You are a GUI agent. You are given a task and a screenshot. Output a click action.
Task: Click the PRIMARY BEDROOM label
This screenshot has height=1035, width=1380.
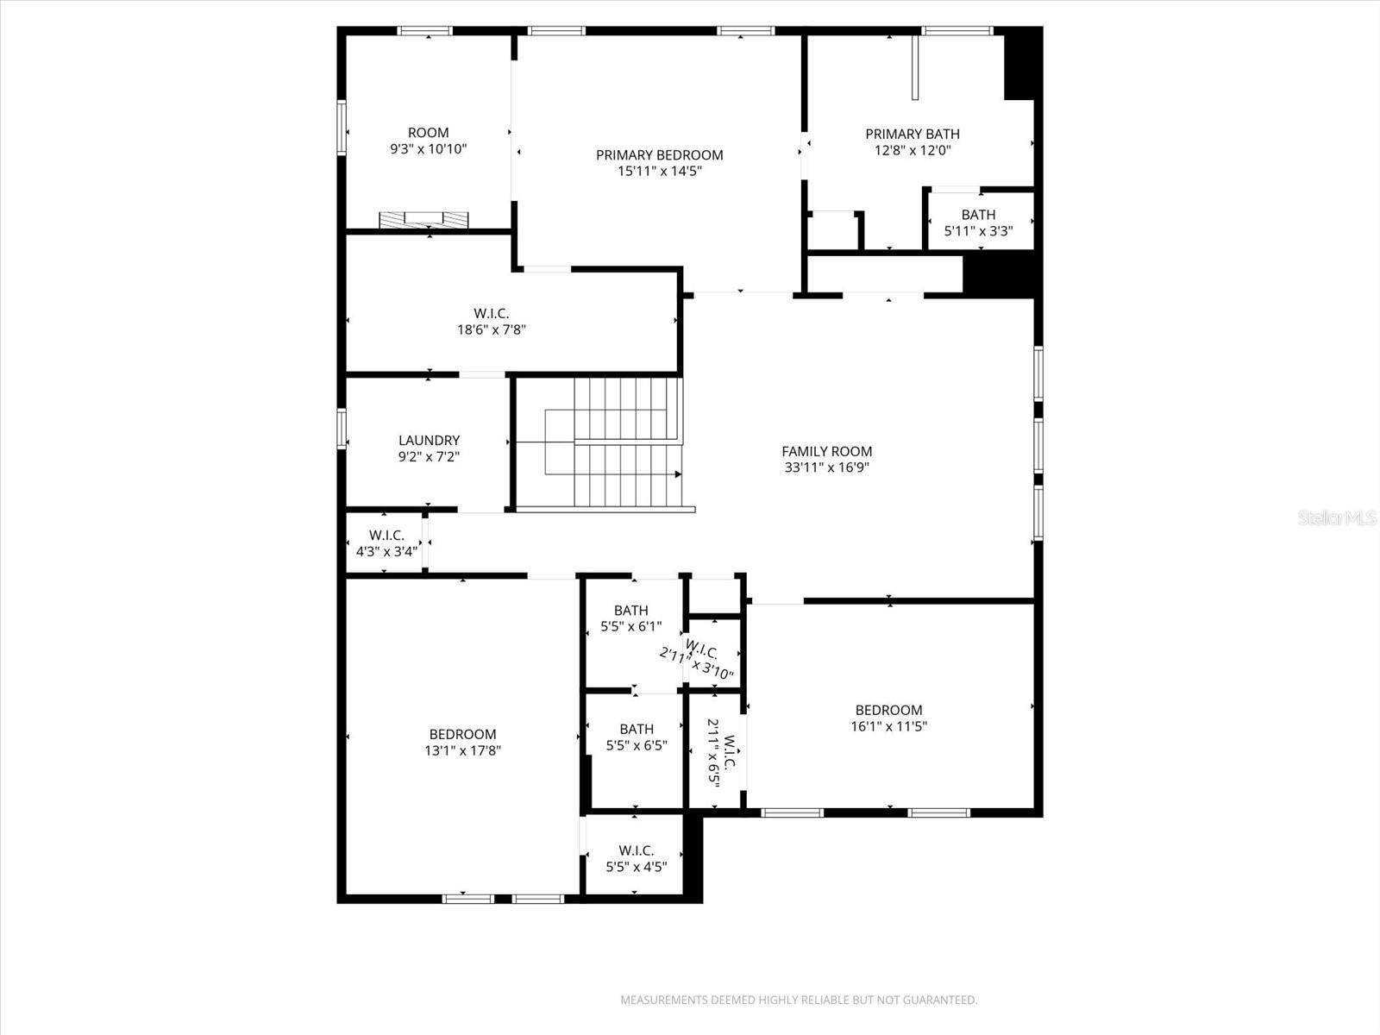click(659, 155)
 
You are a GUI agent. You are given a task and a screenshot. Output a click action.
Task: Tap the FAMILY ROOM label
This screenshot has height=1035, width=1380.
click(826, 451)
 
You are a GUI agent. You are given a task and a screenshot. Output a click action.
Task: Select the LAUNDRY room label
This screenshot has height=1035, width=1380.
click(429, 441)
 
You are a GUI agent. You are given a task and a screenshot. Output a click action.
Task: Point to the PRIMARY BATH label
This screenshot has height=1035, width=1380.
click(913, 134)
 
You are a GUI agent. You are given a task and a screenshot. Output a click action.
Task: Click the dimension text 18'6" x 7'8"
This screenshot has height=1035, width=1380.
click(492, 329)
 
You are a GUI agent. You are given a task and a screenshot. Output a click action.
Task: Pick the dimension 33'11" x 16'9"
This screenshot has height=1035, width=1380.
click(826, 467)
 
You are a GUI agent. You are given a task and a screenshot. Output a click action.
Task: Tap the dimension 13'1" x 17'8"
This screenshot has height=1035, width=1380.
click(462, 750)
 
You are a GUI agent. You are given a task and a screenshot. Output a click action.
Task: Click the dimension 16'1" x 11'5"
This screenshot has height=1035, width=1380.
click(888, 726)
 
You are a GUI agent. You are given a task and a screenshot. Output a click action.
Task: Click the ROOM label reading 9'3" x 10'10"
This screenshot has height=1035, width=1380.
click(428, 133)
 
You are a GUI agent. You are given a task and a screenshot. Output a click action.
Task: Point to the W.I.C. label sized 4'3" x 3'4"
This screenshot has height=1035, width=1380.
click(386, 535)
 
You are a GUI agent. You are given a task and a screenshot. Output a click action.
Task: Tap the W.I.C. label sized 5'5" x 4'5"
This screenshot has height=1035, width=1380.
click(637, 850)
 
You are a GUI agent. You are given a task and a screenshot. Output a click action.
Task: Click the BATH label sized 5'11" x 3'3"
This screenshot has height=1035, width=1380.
click(978, 215)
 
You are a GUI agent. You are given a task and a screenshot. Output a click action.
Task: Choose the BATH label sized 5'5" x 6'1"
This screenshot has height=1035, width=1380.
click(630, 611)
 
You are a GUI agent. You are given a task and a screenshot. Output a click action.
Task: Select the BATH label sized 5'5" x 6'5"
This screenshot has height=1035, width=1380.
click(637, 729)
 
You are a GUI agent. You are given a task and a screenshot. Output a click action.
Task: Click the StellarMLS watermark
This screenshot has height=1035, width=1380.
click(1336, 517)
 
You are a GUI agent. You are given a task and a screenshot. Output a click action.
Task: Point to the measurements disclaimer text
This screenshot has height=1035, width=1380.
click(799, 1000)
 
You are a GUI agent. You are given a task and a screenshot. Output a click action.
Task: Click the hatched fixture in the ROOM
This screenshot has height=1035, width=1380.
click(424, 219)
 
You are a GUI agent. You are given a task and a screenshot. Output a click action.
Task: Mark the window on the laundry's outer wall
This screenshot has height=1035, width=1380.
click(342, 429)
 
